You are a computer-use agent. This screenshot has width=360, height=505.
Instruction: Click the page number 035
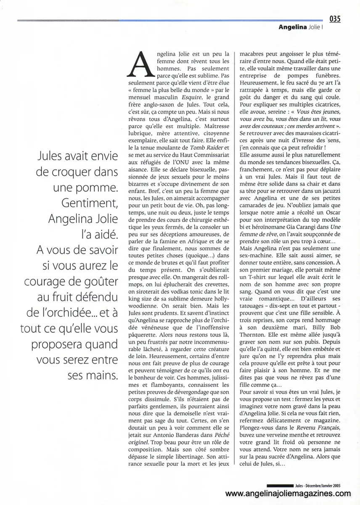point(335,19)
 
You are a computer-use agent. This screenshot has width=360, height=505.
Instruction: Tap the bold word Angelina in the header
point(294,28)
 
